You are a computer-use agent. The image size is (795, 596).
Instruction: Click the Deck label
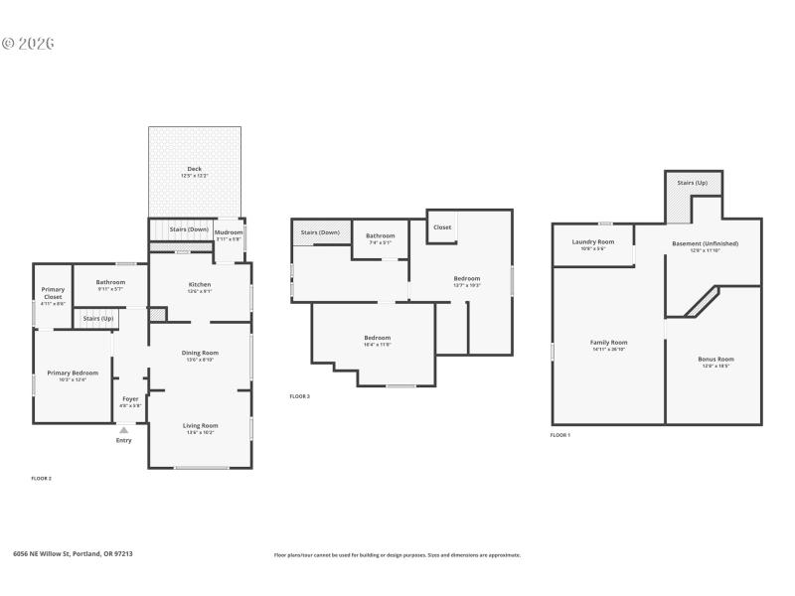pos(195,169)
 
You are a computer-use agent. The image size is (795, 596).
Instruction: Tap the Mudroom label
pos(229,232)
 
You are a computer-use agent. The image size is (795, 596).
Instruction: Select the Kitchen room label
pos(200,284)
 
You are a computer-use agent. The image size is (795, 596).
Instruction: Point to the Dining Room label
pos(200,353)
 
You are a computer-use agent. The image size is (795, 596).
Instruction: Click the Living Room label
pos(200,425)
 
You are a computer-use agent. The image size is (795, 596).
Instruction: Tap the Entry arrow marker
pos(123,430)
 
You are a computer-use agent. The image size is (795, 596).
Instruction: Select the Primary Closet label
pos(53,293)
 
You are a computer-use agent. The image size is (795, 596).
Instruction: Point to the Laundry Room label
pos(592,242)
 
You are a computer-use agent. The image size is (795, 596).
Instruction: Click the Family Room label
pos(609,343)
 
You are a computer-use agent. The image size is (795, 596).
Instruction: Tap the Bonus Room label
pos(715,359)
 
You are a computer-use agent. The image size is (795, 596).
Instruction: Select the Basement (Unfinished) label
pos(705,243)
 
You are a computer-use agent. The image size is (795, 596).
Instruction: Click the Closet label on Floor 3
pos(442,227)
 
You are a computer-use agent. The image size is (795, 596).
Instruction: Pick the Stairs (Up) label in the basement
pos(692,183)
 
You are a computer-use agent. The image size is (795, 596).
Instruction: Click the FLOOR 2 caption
pos(41,478)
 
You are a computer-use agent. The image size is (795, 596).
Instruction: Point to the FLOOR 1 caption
pos(560,435)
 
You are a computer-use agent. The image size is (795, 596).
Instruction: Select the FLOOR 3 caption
pos(299,396)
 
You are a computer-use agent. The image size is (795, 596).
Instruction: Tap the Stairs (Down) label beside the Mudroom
pos(189,229)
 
